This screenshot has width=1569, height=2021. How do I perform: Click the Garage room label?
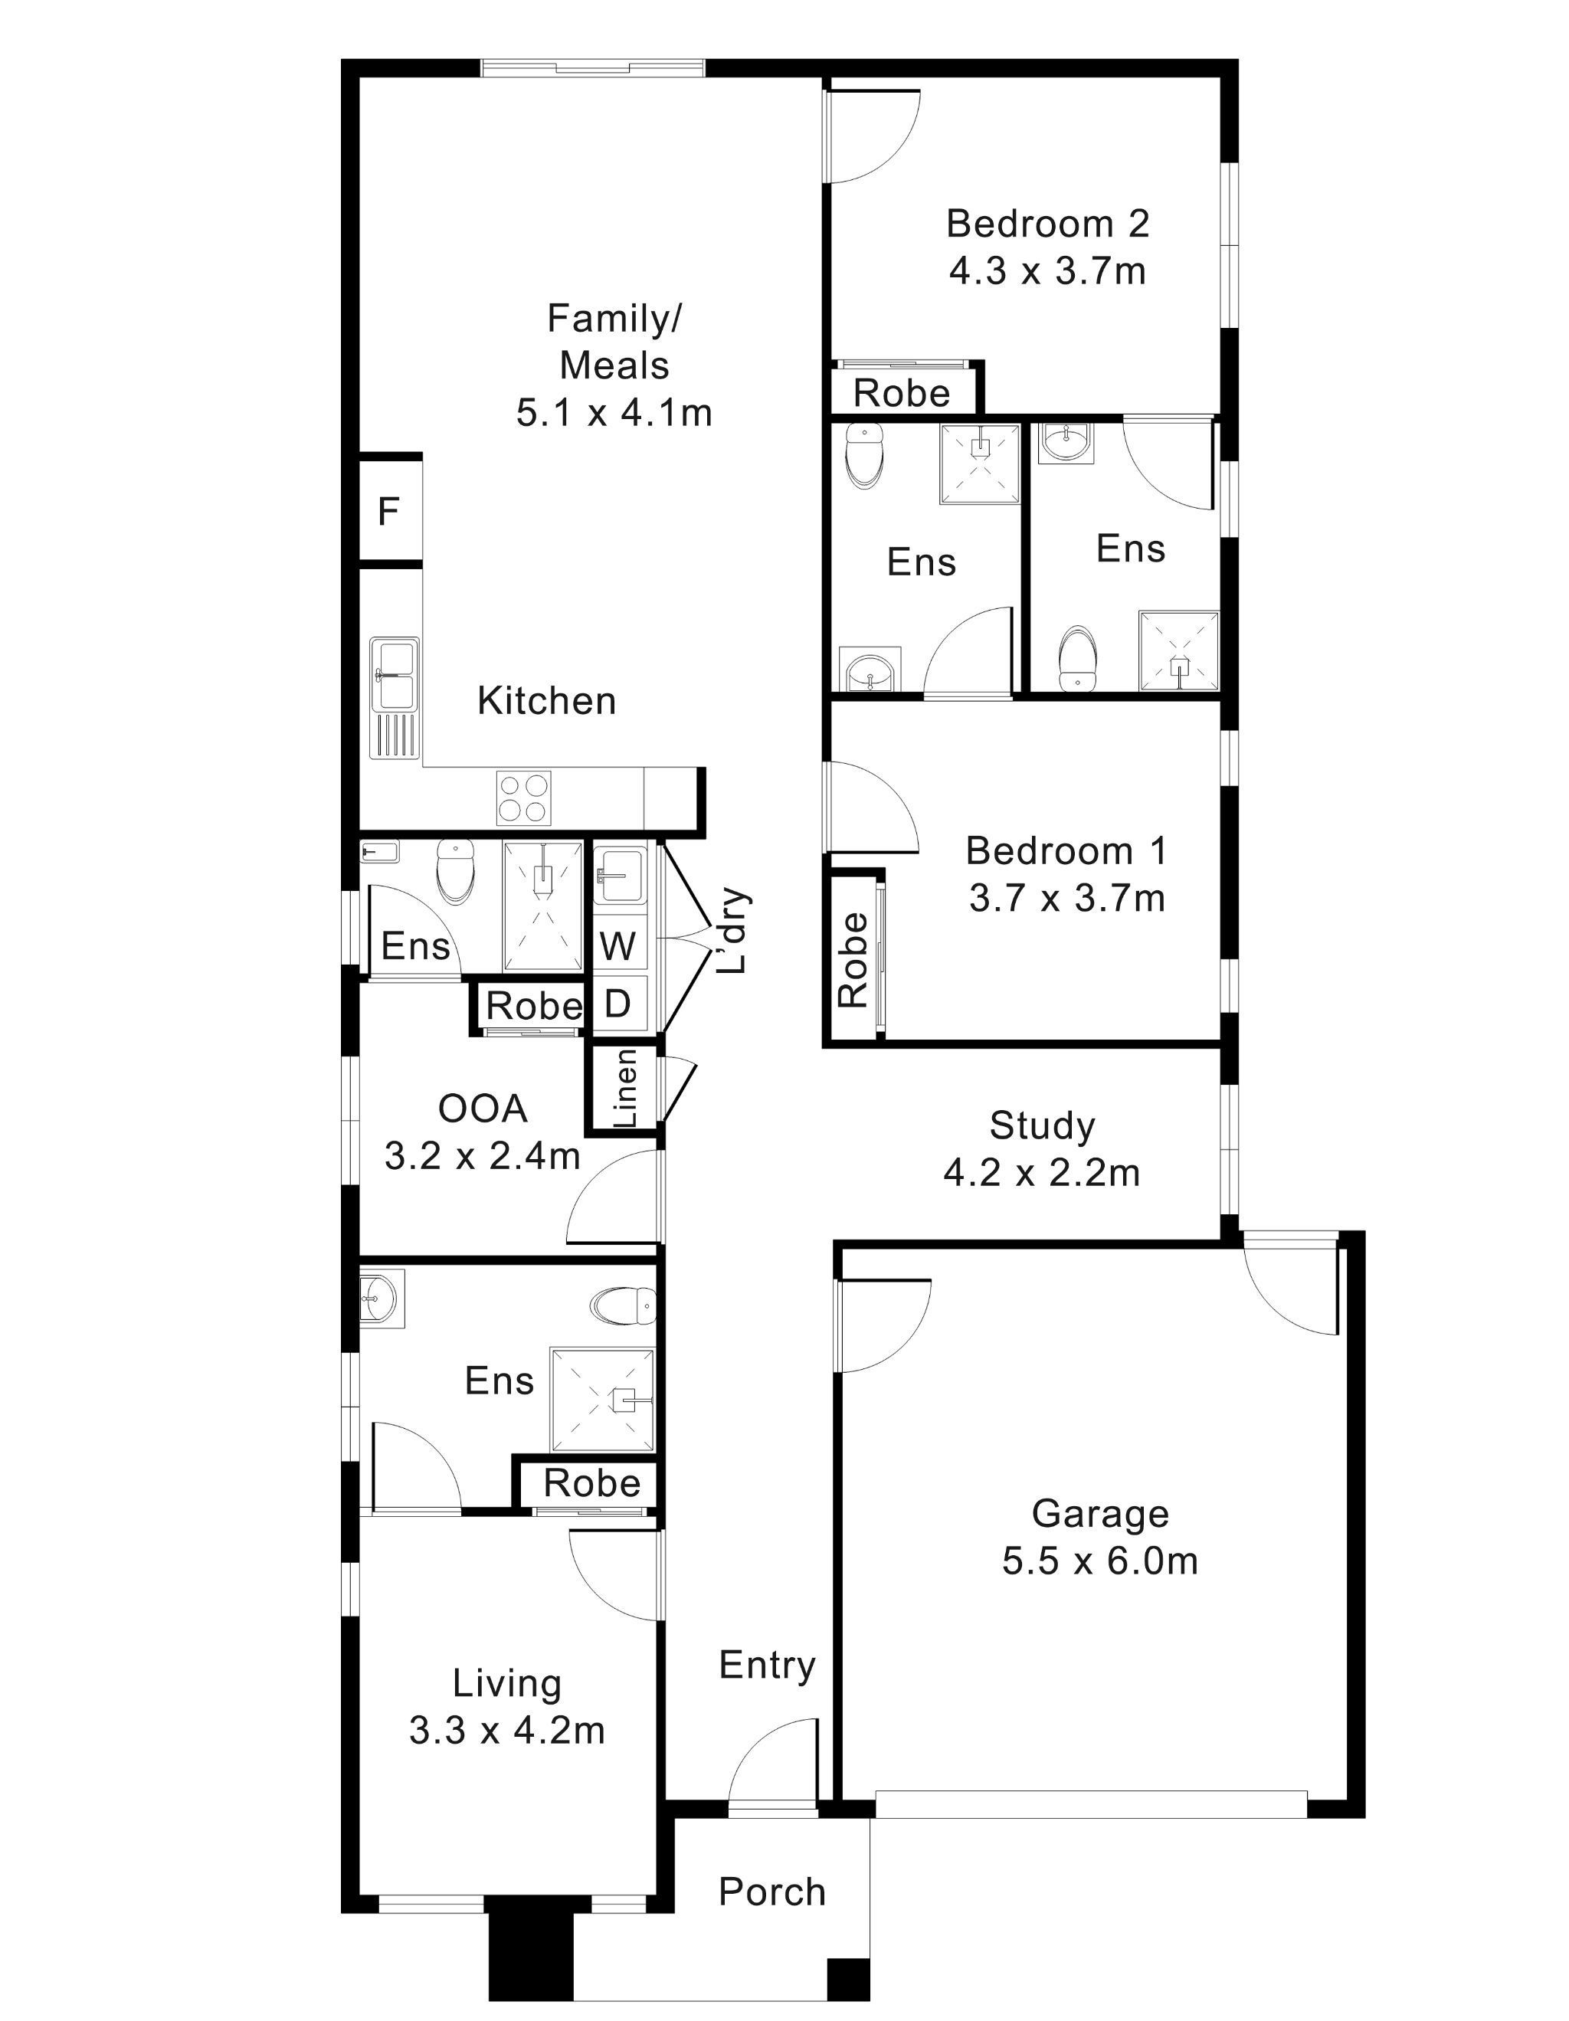coord(1100,1513)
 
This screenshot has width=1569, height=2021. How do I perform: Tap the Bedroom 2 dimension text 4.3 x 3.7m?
coord(1047,272)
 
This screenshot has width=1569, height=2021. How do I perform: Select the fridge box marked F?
coord(389,510)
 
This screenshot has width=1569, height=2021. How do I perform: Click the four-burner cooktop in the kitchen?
coord(523,798)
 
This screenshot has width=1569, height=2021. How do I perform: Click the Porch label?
coord(771,1892)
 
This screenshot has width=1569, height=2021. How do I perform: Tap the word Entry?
coord(767,1665)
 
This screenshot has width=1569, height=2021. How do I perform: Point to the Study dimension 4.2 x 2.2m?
coord(1042,1174)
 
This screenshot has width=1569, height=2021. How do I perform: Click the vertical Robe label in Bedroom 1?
coord(853,960)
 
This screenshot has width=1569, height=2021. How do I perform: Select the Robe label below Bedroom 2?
coord(901,393)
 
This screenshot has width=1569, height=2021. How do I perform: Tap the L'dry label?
coord(735,931)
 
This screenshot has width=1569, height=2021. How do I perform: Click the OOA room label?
coord(482,1108)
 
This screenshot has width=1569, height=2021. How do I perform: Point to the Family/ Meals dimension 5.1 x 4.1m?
coord(614,413)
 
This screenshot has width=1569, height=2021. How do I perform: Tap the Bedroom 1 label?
coord(1066,850)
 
